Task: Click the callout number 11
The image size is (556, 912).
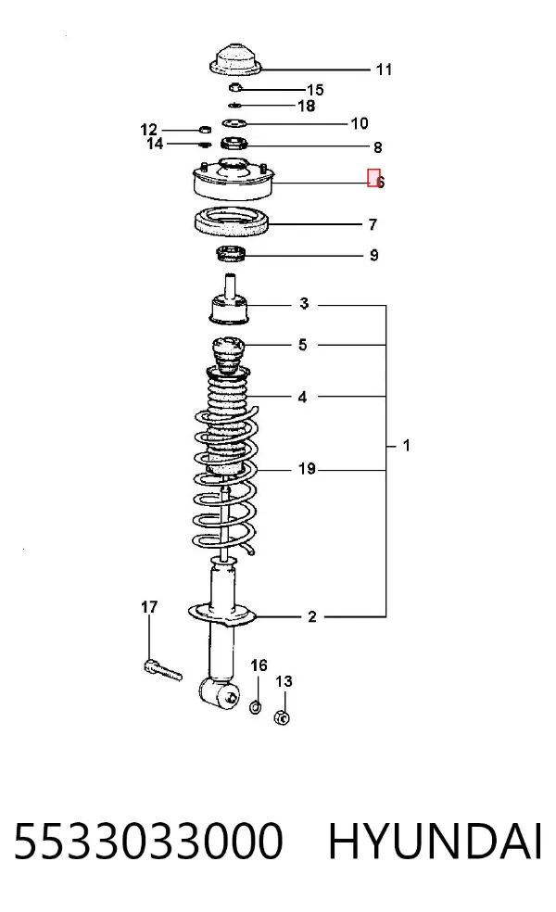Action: (x=384, y=70)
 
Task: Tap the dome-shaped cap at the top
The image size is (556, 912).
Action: (x=235, y=60)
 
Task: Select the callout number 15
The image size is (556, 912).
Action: (x=315, y=90)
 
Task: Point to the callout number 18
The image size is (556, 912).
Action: (x=307, y=106)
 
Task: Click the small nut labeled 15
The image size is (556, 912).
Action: (x=235, y=88)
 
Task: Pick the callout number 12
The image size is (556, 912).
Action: (x=149, y=129)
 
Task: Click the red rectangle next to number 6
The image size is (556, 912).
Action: (x=373, y=178)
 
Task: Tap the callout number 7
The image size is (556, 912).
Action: (x=373, y=224)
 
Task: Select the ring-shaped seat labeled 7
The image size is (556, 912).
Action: (x=232, y=222)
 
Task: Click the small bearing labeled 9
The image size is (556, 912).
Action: (x=232, y=254)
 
